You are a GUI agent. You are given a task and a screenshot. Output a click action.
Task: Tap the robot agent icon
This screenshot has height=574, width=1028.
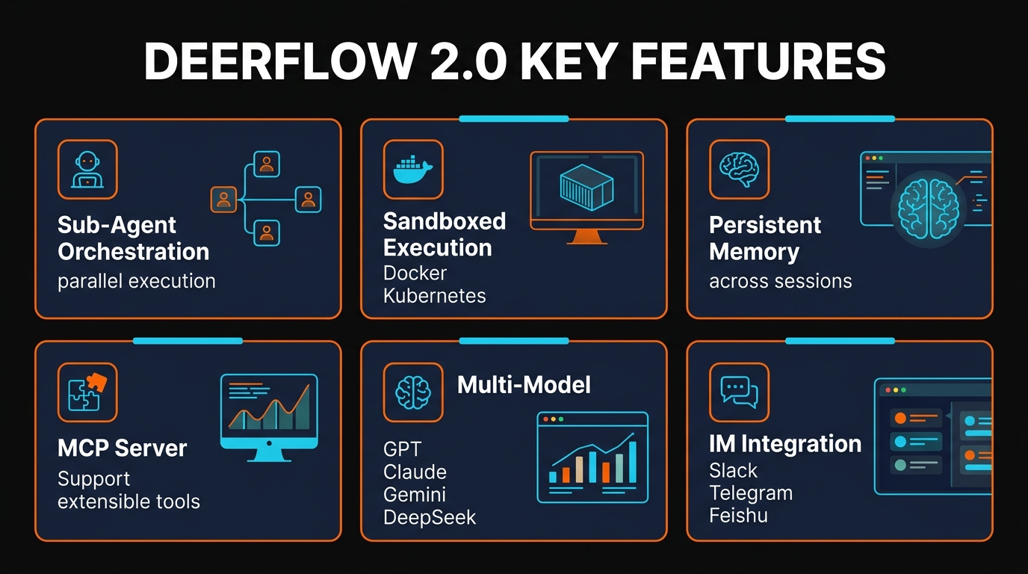tap(87, 170)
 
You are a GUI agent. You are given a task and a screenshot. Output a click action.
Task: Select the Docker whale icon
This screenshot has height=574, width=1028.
tap(413, 170)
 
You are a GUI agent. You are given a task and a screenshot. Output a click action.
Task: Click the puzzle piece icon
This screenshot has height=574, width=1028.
tap(87, 392)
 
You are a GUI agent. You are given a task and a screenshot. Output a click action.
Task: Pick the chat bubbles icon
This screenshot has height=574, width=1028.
tap(739, 392)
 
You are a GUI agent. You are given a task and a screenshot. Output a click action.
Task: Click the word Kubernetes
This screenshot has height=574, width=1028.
tap(434, 296)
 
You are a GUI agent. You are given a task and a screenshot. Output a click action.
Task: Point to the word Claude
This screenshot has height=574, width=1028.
tap(415, 472)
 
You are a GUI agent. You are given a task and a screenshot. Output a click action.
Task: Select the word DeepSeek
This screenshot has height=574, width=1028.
tap(429, 517)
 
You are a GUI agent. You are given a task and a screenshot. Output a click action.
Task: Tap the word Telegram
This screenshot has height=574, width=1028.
tap(751, 493)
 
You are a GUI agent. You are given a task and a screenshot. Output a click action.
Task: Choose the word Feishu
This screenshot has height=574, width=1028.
tap(738, 516)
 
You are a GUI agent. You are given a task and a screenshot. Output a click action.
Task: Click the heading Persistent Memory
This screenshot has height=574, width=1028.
tap(764, 238)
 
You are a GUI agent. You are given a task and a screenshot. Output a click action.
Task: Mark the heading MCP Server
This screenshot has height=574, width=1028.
tap(122, 448)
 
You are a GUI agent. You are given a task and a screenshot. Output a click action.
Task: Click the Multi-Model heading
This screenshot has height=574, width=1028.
tap(524, 385)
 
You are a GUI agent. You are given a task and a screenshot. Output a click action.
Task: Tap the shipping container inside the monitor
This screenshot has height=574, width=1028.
tap(586, 188)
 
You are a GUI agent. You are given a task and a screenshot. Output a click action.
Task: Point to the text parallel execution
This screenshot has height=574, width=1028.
tap(136, 282)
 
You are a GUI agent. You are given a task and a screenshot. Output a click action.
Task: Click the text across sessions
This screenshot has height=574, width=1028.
tap(780, 282)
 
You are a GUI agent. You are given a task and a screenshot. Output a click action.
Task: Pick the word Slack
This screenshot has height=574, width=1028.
tap(733, 471)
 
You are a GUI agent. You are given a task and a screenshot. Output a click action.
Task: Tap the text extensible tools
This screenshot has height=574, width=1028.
tap(128, 502)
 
